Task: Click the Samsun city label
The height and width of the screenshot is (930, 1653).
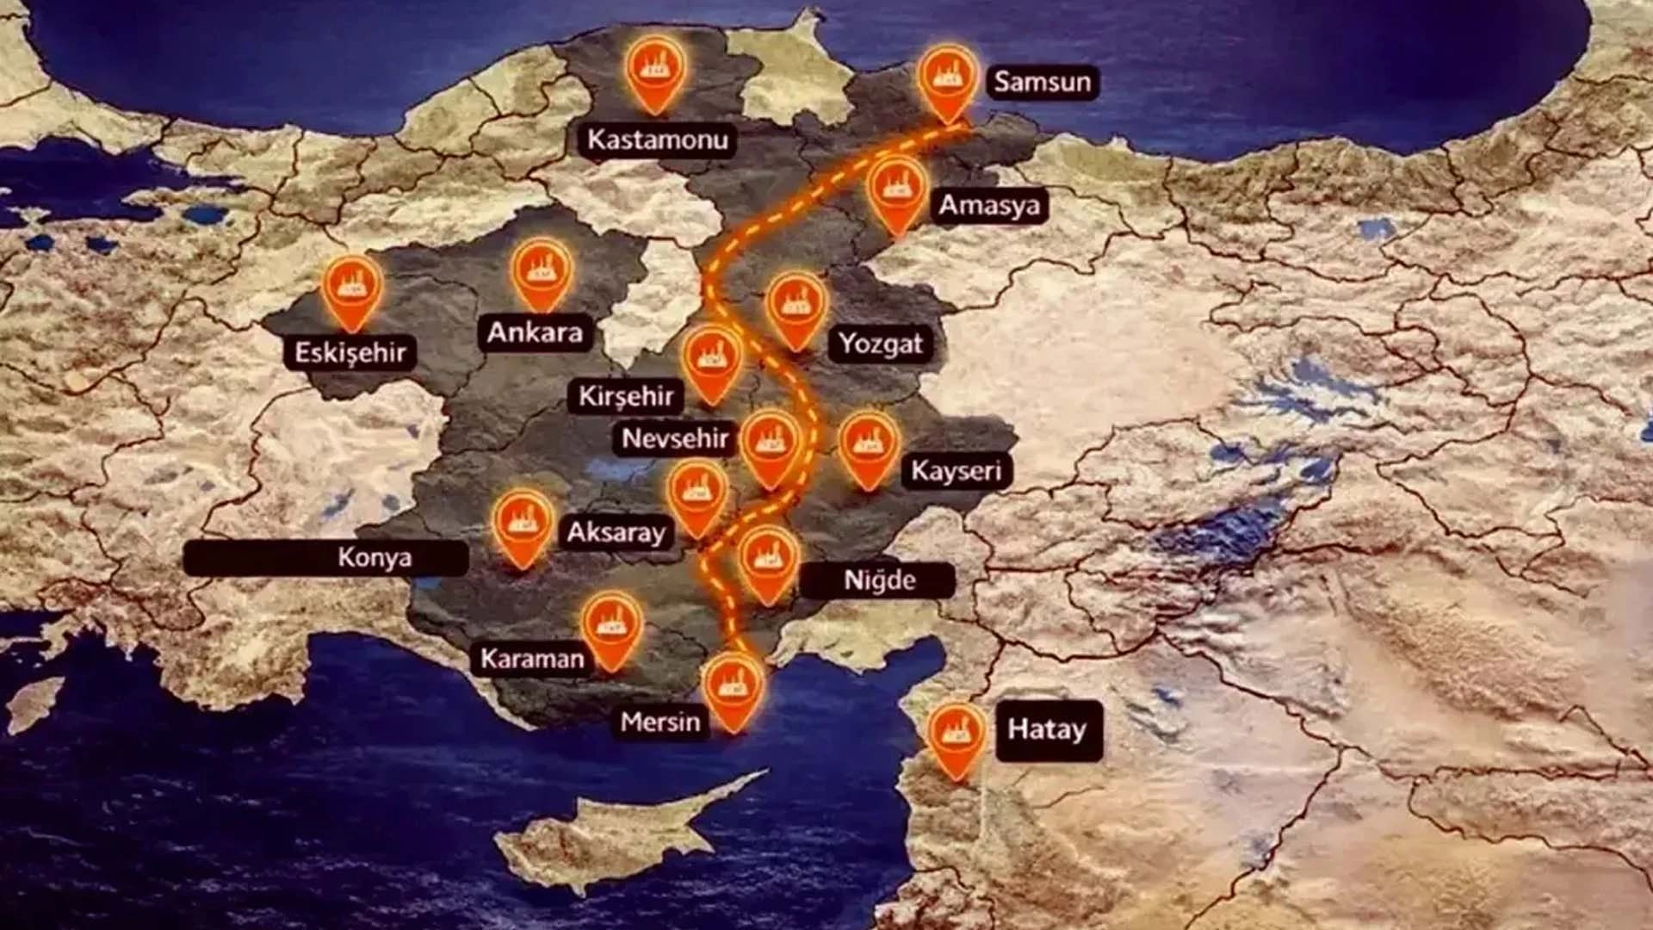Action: [1042, 82]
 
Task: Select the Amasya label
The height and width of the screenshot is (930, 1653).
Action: [988, 206]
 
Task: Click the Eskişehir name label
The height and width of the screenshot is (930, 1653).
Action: [350, 352]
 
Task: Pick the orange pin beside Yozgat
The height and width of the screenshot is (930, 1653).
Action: [796, 307]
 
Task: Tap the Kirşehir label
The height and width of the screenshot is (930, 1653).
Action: [626, 396]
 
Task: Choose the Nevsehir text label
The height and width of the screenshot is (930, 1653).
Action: [675, 438]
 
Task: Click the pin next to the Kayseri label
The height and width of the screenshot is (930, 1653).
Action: [869, 447]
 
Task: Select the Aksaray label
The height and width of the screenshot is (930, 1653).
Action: [616, 532]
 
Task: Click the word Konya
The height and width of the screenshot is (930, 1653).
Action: [374, 557]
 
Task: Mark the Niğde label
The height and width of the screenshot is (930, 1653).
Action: [878, 580]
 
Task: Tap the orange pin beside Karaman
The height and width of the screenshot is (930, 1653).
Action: [611, 626]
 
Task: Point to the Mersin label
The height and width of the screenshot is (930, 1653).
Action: [660, 721]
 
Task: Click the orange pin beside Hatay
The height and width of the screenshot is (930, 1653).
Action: [957, 736]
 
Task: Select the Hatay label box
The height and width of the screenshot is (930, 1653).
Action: [1048, 730]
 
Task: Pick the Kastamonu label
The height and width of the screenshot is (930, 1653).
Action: [657, 139]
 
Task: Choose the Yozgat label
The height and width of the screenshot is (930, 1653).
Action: [880, 344]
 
